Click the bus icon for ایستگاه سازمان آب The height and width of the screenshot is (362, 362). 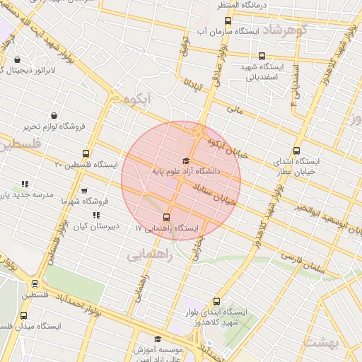pos(228,21)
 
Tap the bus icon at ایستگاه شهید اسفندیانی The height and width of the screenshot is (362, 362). pos(262,56)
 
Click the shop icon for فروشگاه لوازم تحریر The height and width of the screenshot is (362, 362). pos(54,115)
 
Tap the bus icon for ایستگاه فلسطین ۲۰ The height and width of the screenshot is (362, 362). pos(86,153)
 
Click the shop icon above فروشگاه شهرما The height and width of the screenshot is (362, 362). pos(84,191)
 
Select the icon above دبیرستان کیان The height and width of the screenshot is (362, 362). pos(96,215)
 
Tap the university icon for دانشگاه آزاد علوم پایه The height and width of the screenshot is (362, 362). pos(186,161)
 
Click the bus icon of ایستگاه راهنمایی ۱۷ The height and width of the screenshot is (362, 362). pos(167,217)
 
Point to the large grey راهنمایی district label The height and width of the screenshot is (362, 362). pos(149,255)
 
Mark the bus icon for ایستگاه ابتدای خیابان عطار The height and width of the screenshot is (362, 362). pos(297,150)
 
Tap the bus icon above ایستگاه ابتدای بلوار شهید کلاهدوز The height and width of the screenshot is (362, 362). pos(216,301)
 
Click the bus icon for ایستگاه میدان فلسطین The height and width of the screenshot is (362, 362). pos(24,315)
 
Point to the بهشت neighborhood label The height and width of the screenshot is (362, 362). pos(325,342)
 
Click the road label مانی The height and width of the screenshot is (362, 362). pos(233,110)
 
